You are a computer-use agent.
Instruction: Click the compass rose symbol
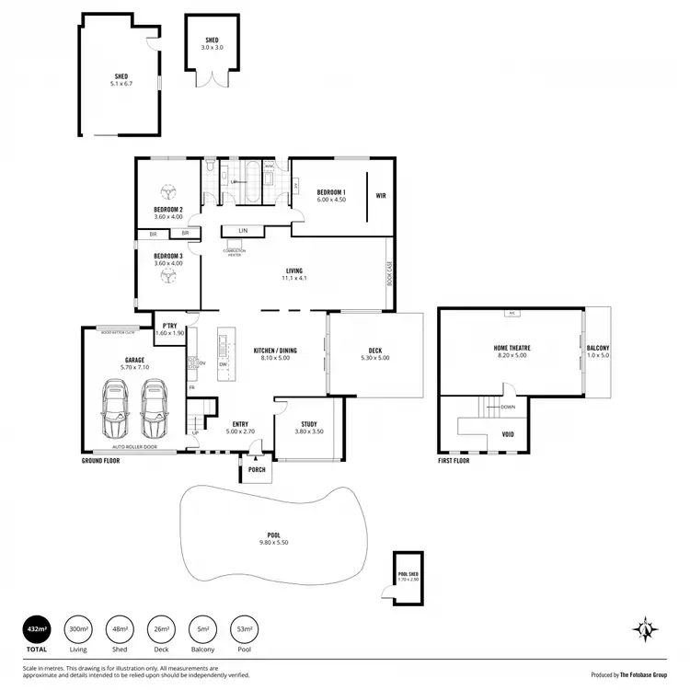click(x=646, y=630)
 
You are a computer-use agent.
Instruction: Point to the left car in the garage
click(x=116, y=409)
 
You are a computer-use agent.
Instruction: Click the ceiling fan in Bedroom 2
click(x=168, y=191)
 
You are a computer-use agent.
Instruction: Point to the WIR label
click(x=380, y=195)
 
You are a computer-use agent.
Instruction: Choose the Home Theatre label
click(x=511, y=348)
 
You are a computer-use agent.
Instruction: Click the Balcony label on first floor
click(x=598, y=348)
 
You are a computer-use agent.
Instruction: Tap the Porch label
click(x=257, y=469)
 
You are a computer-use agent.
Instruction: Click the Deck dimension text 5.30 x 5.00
click(x=374, y=357)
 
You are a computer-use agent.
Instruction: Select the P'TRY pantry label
click(x=169, y=326)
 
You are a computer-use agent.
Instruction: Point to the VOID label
click(x=508, y=433)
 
